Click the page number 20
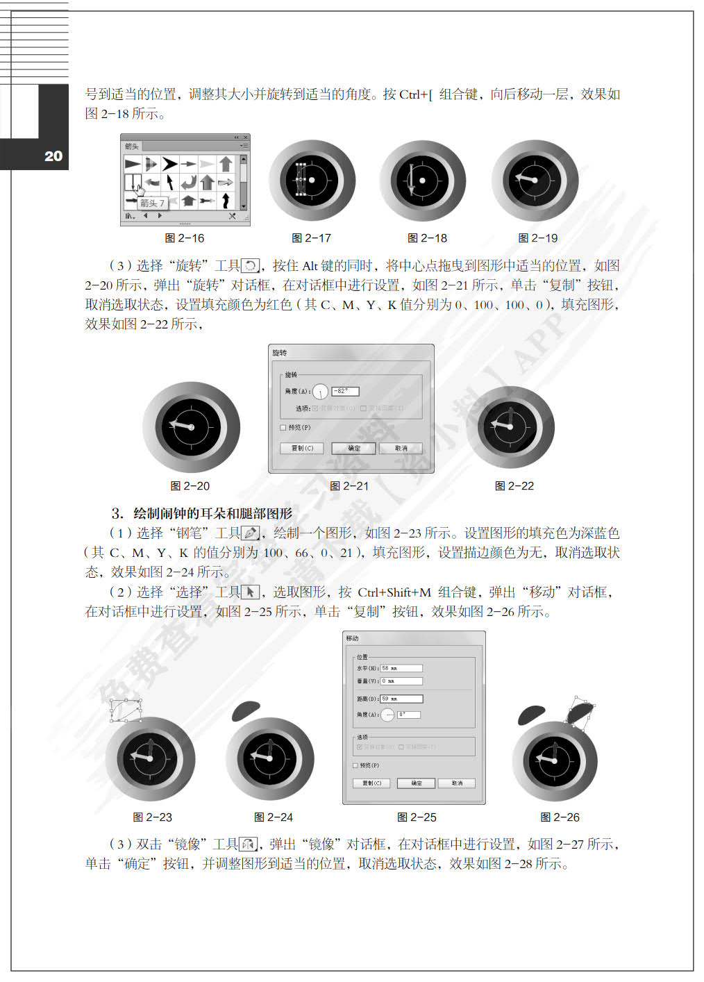53,156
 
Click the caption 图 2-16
185,238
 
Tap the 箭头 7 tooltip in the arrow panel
152,203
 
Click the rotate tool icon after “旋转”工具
250,266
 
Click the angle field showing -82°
345,392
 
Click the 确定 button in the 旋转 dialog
353,449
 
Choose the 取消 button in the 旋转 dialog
401,449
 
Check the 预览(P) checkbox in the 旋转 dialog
283,428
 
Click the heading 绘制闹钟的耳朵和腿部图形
212,514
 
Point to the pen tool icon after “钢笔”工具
250,533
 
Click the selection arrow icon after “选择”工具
250,592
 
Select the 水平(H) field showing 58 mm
401,669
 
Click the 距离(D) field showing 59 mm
401,699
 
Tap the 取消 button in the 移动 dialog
456,783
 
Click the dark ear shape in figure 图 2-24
244,710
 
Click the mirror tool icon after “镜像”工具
249,844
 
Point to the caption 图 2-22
514,486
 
